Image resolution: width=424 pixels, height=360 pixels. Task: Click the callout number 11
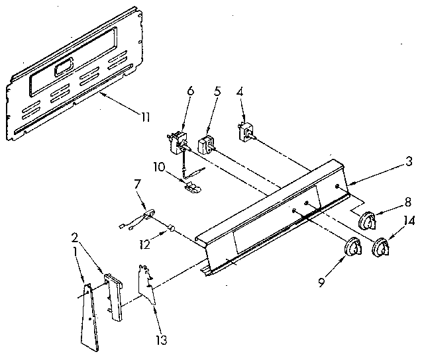(x=145, y=117)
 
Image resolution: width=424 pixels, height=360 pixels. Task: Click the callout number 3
(x=409, y=161)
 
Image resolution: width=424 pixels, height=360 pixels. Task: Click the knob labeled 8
(x=368, y=220)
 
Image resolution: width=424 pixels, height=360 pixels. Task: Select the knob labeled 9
(x=353, y=249)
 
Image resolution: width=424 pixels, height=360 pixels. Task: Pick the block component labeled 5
(x=205, y=144)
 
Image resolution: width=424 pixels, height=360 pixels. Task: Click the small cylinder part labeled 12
(x=174, y=229)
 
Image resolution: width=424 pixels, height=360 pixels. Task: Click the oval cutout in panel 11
(x=65, y=67)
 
